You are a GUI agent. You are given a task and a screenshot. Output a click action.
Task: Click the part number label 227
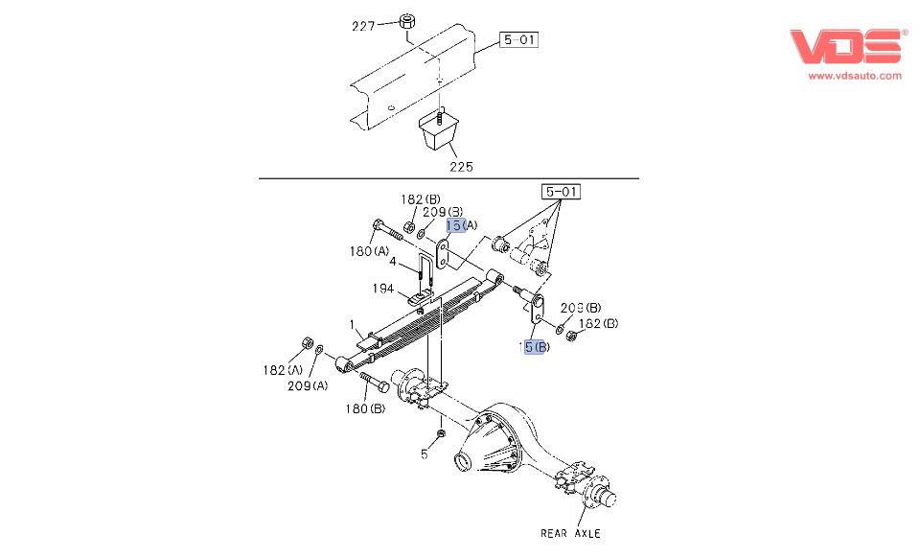click(x=362, y=27)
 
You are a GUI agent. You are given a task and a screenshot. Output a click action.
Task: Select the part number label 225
click(x=463, y=167)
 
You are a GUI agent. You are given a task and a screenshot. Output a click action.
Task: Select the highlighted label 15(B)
click(x=534, y=347)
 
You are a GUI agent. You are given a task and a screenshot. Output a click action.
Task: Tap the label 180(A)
click(x=369, y=252)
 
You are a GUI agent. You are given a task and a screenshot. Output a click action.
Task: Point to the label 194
click(x=383, y=288)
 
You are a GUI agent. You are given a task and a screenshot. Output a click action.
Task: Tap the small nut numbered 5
click(x=440, y=435)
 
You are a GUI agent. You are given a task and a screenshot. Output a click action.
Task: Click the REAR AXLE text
click(x=570, y=533)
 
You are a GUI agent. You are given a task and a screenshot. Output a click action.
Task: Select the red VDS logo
click(x=847, y=46)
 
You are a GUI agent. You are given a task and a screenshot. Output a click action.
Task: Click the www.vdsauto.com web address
click(x=855, y=76)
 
